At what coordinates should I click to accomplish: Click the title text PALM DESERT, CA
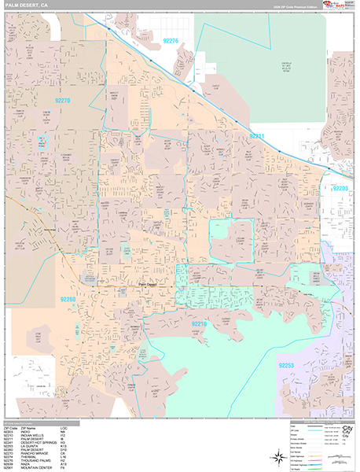[x=24, y=6]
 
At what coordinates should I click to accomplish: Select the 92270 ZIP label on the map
[x=64, y=101]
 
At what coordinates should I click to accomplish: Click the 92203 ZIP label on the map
[x=341, y=189]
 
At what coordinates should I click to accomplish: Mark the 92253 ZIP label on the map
[x=288, y=366]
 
